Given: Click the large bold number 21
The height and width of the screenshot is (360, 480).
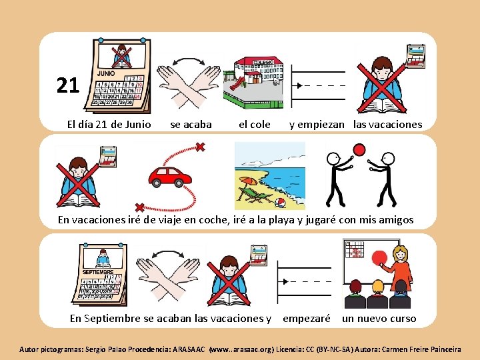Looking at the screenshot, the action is [x=68, y=85].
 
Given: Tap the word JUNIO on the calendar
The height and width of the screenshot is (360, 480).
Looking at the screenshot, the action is [x=106, y=73].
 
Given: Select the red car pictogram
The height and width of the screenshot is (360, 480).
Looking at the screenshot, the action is [x=170, y=177].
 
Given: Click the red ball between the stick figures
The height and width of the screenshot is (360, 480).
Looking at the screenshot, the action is [x=359, y=150].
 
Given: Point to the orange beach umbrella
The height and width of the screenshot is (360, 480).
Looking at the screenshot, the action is [x=248, y=181].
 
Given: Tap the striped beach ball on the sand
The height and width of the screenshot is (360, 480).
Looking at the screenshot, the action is [x=280, y=203].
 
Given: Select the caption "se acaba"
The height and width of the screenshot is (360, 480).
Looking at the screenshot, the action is [x=191, y=125].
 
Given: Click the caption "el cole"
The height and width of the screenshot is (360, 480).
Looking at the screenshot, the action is [x=255, y=125].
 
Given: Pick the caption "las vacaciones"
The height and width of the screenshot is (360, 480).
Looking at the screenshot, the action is [x=387, y=125].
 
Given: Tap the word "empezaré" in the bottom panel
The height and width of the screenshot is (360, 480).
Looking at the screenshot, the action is [x=307, y=319].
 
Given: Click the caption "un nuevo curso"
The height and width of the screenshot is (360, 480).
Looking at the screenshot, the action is [x=379, y=319].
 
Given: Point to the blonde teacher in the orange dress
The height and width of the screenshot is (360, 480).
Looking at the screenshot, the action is [x=397, y=271].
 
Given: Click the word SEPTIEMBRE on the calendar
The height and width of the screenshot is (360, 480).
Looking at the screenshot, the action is [x=98, y=272].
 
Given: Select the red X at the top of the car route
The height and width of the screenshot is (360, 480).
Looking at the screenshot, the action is [x=200, y=147].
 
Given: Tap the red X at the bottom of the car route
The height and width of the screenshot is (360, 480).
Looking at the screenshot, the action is [x=139, y=208].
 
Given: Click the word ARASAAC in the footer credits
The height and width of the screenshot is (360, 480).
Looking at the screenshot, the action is [x=189, y=349].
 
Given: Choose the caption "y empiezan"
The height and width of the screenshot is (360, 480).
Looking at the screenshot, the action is [x=317, y=125].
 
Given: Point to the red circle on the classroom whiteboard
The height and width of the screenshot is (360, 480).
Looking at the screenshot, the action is [x=379, y=258].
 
